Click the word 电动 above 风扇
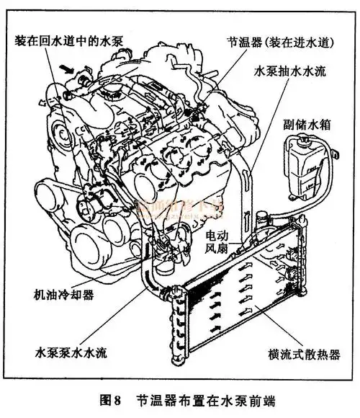[219, 236]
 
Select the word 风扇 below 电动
[219, 250]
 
